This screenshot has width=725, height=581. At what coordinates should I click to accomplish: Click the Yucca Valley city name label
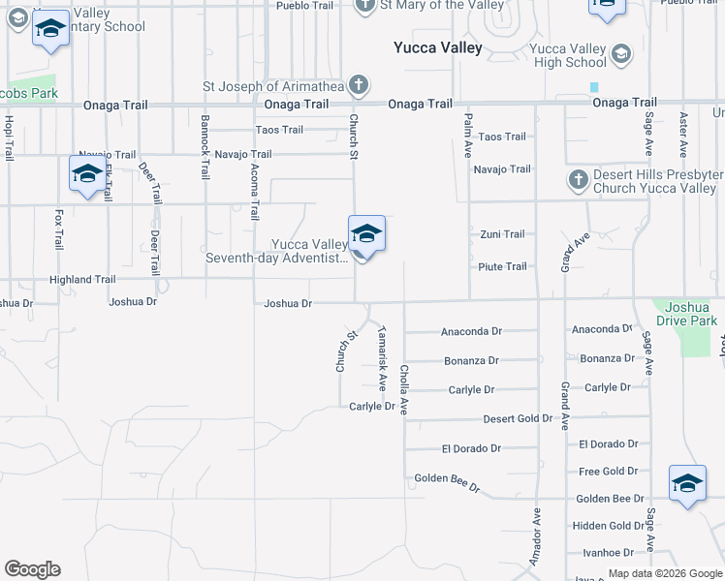(437, 47)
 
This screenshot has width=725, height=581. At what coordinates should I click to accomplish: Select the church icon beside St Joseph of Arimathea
(359, 85)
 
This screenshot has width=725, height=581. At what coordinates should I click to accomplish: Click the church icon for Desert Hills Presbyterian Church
(578, 179)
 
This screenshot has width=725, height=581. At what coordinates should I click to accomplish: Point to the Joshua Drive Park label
(686, 314)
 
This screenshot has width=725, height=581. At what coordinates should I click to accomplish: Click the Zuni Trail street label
(502, 234)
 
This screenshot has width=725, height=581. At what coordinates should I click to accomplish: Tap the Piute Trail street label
(502, 266)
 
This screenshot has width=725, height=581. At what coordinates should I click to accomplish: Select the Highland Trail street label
(83, 280)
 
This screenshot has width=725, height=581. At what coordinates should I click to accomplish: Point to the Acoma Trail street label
(254, 192)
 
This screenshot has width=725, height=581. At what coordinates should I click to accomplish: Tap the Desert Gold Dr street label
(519, 419)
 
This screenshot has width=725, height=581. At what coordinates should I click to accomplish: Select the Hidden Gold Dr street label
(607, 526)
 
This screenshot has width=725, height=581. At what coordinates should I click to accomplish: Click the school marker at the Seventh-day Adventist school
(366, 234)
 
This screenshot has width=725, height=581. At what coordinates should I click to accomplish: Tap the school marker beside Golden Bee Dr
(687, 483)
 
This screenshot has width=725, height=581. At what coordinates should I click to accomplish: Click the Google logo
(32, 569)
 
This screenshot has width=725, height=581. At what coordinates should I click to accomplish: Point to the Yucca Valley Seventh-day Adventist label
(276, 252)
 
